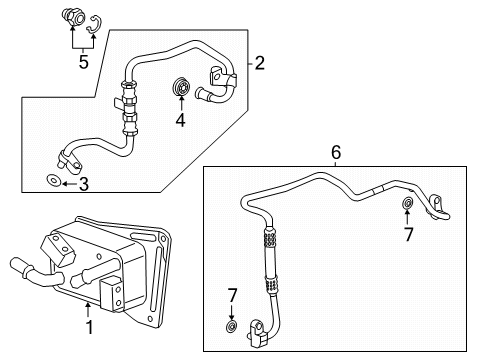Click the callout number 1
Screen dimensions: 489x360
click(89, 327)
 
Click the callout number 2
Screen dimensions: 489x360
click(260, 63)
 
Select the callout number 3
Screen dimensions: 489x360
click(84, 184)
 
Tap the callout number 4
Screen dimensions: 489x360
click(180, 120)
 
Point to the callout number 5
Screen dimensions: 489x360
click(84, 62)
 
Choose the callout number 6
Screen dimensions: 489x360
click(336, 153)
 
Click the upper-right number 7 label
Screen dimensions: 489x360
click(409, 234)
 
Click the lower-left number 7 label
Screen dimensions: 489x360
click(232, 295)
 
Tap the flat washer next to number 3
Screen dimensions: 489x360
click(53, 181)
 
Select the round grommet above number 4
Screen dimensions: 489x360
click(181, 87)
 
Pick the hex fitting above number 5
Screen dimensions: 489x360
click(74, 18)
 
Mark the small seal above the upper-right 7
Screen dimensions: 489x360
click(408, 202)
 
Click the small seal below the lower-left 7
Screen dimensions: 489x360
click(231, 327)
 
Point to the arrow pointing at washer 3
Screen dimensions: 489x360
click(69, 184)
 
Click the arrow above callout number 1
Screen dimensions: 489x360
click(88, 310)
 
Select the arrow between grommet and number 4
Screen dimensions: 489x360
click(181, 103)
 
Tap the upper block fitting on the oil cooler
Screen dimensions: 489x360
click(57, 250)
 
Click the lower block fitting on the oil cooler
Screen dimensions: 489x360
click(111, 294)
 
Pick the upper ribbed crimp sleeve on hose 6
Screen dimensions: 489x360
click(270, 238)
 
